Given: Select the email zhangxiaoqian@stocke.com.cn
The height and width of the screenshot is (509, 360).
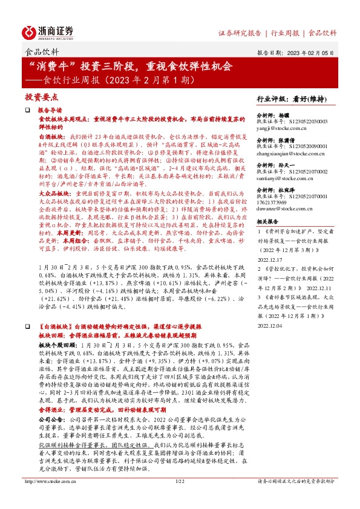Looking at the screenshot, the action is (290, 154).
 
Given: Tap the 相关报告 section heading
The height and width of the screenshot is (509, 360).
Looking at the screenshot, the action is (270, 222).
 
